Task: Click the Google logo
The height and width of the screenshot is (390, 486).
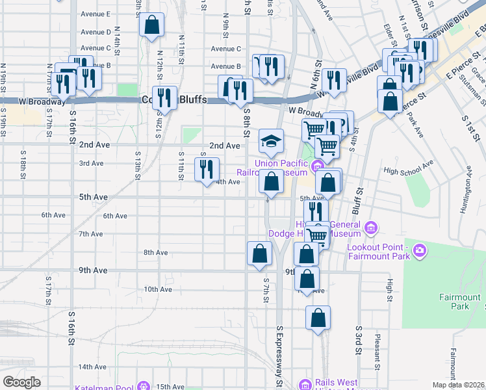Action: coord(21,382)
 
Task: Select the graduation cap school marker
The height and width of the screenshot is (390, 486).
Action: coord(271,140)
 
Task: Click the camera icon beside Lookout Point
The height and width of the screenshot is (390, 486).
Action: coord(420,250)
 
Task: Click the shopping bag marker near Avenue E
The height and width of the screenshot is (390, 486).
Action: coord(151,25)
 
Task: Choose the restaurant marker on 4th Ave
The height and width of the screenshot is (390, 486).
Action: coord(207,169)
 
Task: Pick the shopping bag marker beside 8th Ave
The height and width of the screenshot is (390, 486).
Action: coord(259,253)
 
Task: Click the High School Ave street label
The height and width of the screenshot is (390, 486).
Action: coord(408,170)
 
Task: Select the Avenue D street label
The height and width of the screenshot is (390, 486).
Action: coord(96,32)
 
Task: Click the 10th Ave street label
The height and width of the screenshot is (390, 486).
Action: coord(157,289)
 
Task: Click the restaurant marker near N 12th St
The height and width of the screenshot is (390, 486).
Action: coord(164,98)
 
